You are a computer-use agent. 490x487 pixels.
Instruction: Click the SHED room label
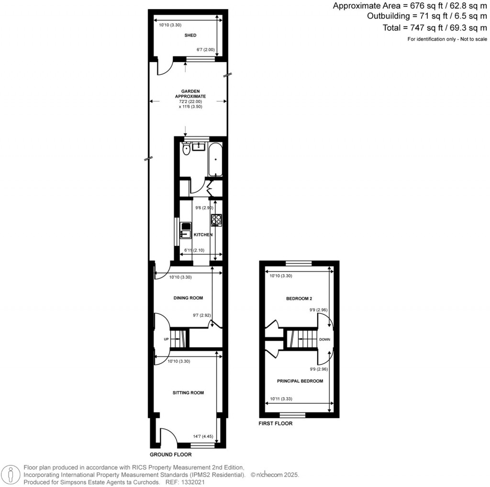[190, 35]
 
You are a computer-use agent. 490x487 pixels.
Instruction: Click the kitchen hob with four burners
[216, 220]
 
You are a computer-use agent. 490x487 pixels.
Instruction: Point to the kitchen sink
[185, 234]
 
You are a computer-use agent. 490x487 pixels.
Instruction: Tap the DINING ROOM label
[188, 298]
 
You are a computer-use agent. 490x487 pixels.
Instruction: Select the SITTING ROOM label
[188, 393]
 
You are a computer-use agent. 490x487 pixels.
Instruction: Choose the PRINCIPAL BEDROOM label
[300, 381]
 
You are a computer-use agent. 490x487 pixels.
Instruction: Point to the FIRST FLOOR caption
[275, 423]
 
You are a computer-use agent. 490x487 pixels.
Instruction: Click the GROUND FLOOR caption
[170, 454]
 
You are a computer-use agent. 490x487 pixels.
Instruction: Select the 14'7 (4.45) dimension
[203, 436]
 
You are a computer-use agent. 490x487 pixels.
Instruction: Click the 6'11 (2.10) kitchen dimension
[194, 250]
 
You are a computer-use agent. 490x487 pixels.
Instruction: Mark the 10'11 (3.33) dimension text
[281, 398]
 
